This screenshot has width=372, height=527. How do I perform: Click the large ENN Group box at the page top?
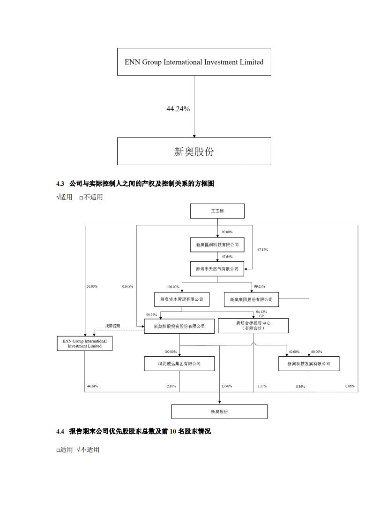(194, 61)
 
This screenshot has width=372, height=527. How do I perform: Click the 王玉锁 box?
(217, 211)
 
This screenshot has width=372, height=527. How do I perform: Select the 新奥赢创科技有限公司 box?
(217, 244)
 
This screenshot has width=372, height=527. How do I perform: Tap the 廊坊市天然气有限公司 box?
(217, 269)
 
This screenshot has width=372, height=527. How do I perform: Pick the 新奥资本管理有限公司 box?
(182, 299)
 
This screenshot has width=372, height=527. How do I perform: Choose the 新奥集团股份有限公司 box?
(251, 299)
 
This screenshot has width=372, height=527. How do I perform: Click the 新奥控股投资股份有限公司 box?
(179, 326)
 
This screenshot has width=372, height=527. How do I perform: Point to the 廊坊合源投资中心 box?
(253, 326)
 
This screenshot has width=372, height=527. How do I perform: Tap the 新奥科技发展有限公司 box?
(309, 364)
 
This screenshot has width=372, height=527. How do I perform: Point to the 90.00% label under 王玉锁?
(227, 232)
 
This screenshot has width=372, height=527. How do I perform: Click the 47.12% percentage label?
(262, 250)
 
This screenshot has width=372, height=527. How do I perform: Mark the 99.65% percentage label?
(260, 286)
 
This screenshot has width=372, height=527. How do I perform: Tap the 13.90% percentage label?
(226, 386)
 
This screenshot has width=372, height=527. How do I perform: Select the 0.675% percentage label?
(127, 286)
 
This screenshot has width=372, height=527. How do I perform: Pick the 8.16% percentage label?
(300, 387)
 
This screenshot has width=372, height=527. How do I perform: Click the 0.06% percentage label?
(350, 386)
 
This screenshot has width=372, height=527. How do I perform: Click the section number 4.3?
(60, 184)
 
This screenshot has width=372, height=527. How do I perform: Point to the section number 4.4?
(60, 431)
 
